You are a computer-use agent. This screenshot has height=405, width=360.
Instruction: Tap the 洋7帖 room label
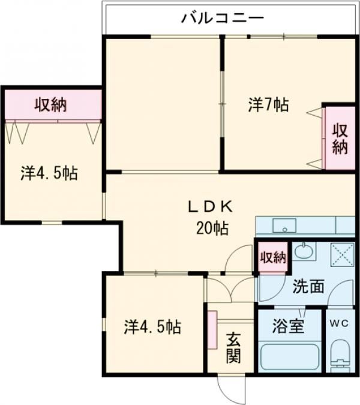pos(268,105)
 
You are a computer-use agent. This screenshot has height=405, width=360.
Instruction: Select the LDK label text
pos(210,208)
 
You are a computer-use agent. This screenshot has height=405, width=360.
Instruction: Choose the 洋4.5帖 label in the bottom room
pos(153,328)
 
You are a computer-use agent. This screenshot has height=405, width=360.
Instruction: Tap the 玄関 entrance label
pos(234,348)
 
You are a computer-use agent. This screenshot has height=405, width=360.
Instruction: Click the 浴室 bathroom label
pos(289,327)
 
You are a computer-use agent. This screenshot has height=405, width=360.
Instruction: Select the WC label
pos(339,322)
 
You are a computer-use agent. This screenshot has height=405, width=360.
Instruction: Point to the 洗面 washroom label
pos(308,287)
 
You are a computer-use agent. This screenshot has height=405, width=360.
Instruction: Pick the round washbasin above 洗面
pos(304,251)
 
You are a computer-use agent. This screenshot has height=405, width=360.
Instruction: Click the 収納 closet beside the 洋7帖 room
pos(340,139)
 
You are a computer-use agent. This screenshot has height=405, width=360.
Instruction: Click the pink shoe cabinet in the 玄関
pos(212,329)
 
